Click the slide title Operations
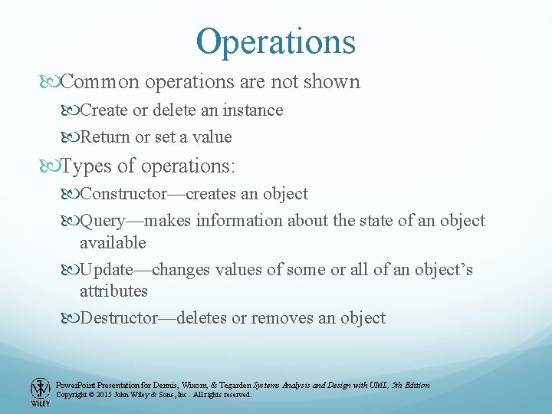pyautogui.click(x=276, y=41)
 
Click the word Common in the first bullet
pyautogui.click(x=97, y=82)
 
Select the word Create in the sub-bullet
pyautogui.click(x=104, y=110)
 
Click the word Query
pyautogui.click(x=103, y=221)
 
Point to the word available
pyautogui.click(x=113, y=242)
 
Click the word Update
pyautogui.click(x=106, y=270)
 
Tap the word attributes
pyautogui.click(x=113, y=291)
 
